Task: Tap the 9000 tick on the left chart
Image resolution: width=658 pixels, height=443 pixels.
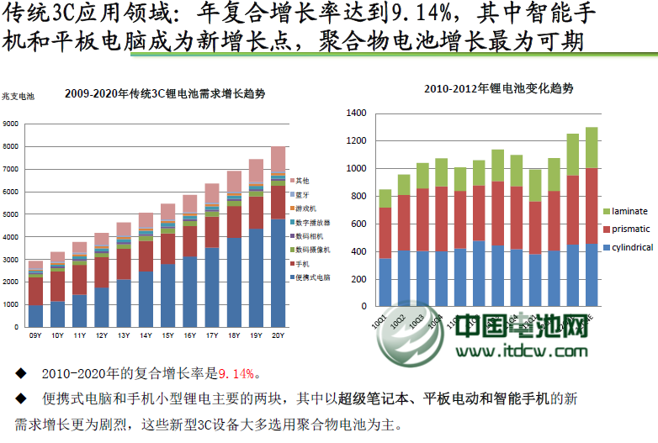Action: (11, 124)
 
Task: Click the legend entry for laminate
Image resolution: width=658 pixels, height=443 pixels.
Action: (629, 210)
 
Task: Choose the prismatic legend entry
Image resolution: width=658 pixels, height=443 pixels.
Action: (630, 229)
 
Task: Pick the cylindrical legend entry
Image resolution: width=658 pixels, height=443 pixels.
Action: (632, 247)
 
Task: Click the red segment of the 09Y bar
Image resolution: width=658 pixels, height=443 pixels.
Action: (35, 291)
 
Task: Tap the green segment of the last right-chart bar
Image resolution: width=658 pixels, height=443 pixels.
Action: (592, 147)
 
